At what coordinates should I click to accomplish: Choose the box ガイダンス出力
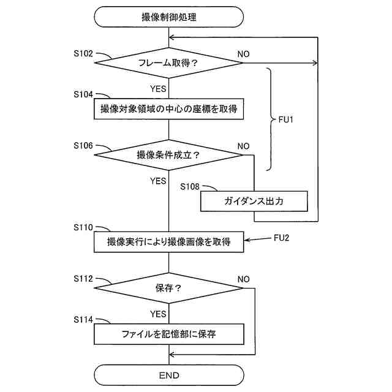[254, 201]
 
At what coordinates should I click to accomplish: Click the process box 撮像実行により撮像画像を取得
[168, 242]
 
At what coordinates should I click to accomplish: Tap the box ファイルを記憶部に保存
[168, 334]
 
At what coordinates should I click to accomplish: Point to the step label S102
[83, 53]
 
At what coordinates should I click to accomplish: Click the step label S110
[83, 227]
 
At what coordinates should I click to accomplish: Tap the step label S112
[83, 279]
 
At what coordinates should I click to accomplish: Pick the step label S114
[83, 320]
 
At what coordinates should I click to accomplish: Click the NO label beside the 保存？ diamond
[243, 279]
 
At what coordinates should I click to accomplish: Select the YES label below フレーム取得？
[158, 89]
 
